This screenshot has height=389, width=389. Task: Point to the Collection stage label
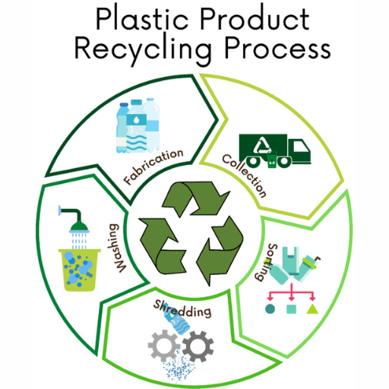point(245,176)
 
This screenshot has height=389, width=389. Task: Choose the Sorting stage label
point(266,262)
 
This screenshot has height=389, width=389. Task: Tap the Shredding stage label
point(182,308)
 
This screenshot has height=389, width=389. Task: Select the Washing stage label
point(117,248)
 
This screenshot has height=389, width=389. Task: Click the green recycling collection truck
point(275,150)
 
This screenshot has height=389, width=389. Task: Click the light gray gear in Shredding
point(164,345)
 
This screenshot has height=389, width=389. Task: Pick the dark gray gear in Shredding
point(198,346)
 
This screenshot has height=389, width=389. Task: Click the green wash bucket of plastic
point(80,270)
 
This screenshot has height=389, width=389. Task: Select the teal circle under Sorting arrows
point(270,308)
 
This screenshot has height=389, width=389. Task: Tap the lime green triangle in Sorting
point(312,309)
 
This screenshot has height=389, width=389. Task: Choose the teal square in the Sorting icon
point(291,309)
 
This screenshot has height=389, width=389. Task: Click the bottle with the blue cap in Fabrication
point(122,128)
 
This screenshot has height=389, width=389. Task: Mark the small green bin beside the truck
point(272,160)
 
